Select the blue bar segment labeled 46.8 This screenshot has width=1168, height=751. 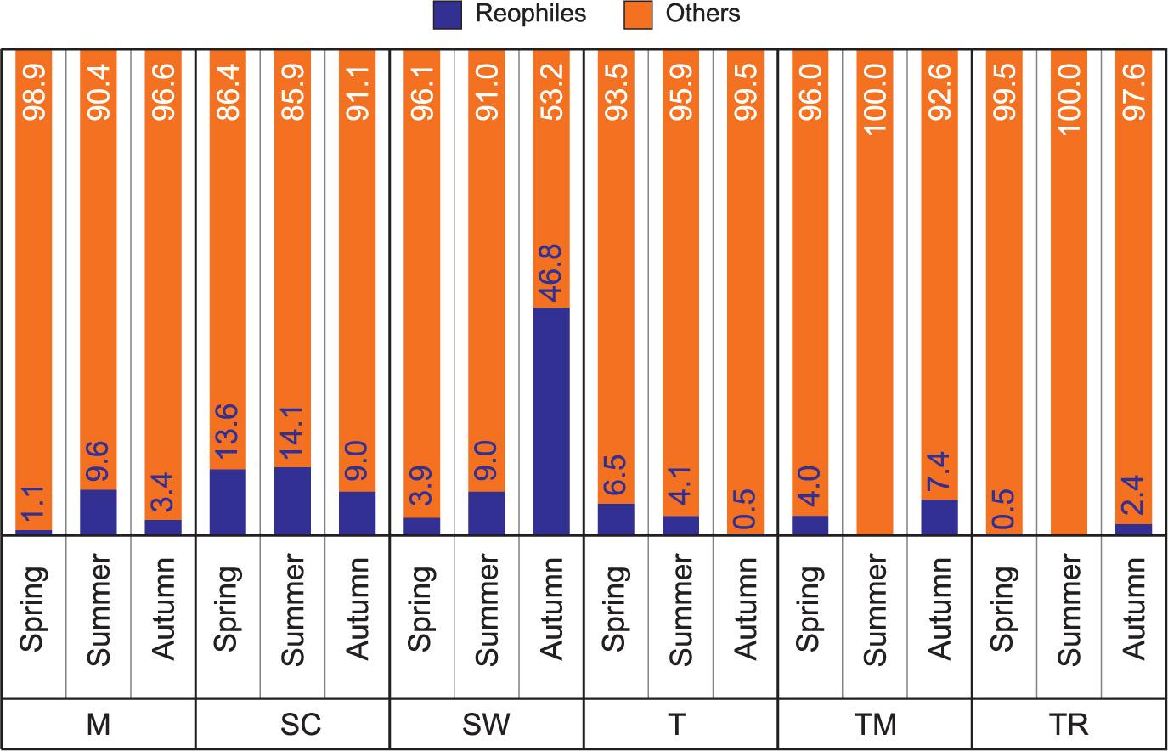tap(550, 421)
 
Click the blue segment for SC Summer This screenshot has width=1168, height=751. tap(292, 500)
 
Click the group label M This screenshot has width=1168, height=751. tap(99, 725)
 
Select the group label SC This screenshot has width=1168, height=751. tap(292, 725)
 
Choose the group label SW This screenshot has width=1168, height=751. tap(486, 725)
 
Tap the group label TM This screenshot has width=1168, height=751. tap(875, 725)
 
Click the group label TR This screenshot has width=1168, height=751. tap(1069, 725)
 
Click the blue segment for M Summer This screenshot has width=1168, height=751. tap(99, 511)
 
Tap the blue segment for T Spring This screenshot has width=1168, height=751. tap(616, 518)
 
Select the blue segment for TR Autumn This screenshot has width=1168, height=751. tap(1133, 529)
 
